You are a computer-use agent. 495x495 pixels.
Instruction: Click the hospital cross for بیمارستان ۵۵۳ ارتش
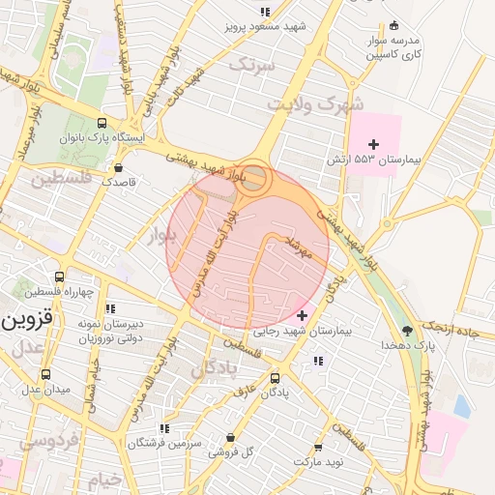point(374,144)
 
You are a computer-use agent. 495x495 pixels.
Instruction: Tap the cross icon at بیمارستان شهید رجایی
point(303,315)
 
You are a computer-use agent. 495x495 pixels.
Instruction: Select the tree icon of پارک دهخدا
point(405,331)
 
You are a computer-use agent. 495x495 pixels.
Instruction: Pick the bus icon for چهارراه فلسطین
point(60,277)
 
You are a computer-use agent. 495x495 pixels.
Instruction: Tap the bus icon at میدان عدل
point(47,375)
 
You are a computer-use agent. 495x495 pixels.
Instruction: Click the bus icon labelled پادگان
point(276,378)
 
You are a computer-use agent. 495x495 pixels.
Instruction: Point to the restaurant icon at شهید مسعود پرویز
point(264,13)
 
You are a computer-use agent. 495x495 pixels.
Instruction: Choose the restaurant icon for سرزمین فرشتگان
point(164,427)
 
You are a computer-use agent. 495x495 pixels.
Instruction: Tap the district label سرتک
point(251,64)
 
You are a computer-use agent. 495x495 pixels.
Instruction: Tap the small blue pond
point(462,407)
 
